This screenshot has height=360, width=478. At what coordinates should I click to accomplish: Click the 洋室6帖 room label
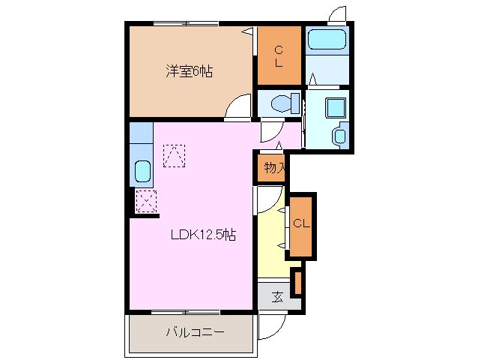tap(189, 72)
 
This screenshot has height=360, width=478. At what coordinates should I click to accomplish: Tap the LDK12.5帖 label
tap(203, 235)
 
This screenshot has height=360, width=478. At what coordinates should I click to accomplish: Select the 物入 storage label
tap(274, 167)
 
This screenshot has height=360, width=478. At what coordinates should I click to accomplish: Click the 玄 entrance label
tap(276, 296)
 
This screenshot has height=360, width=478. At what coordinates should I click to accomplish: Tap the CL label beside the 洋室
tap(278, 56)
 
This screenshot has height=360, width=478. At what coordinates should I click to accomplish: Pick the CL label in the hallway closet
tap(301, 223)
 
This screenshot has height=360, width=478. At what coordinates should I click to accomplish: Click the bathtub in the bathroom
tap(326, 39)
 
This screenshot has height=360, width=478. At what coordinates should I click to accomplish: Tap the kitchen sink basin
tap(142, 172)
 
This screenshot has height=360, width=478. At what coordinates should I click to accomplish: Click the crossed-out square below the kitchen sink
tap(146, 201)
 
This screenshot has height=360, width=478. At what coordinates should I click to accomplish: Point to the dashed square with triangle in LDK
tap(174, 155)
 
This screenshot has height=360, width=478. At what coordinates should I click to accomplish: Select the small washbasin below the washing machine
tap(340, 136)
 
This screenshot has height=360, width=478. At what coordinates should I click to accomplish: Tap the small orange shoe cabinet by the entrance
tap(297, 283)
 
